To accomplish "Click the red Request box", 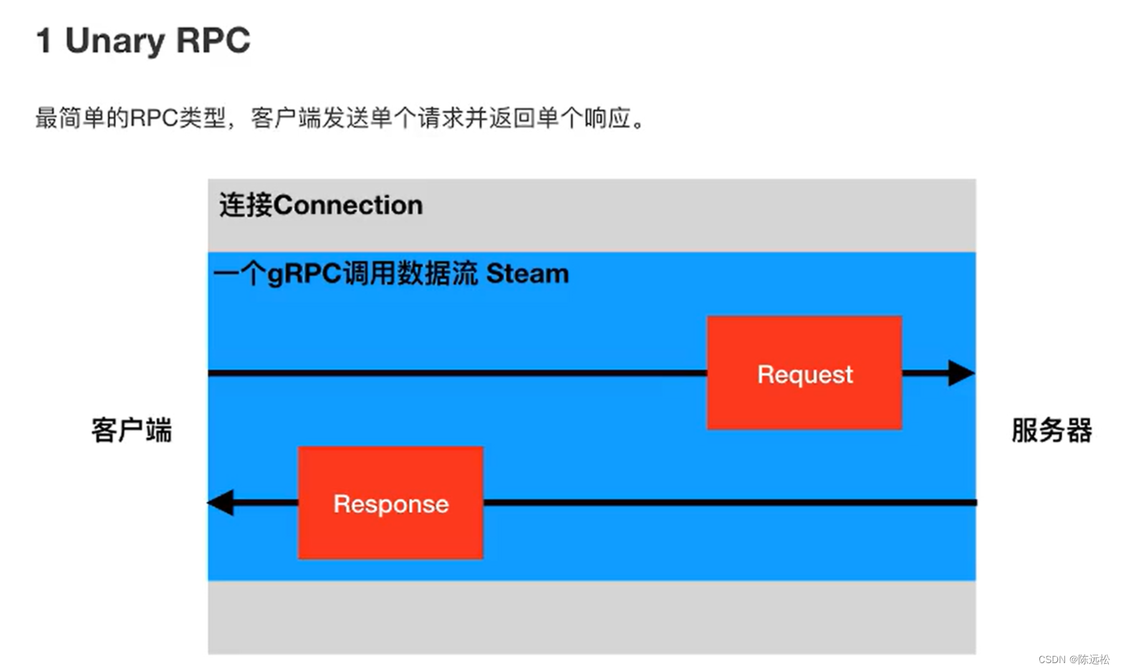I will [x=804, y=372].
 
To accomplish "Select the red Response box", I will [x=390, y=503].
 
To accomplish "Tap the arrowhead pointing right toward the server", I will [x=961, y=373].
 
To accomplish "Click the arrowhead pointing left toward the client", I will [x=221, y=503].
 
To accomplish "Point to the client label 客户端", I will [x=132, y=430].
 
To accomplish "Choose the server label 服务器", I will [x=1051, y=430].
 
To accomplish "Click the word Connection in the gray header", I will [x=348, y=206].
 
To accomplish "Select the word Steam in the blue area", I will [x=527, y=274].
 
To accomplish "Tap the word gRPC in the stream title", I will [x=304, y=274].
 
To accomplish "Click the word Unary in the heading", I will [x=115, y=41].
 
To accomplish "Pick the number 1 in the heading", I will [x=44, y=41].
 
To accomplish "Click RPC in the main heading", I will [x=213, y=41].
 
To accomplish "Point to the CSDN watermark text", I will [x=1052, y=659].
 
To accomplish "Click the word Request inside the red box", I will [x=805, y=375].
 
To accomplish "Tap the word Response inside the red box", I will [x=391, y=504].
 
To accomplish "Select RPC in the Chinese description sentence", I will [x=154, y=118].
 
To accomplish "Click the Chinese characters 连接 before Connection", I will [x=246, y=206].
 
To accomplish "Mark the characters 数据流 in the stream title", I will [x=438, y=274].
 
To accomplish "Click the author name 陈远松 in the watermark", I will [x=1094, y=659].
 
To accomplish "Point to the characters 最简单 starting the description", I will [x=70, y=118].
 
